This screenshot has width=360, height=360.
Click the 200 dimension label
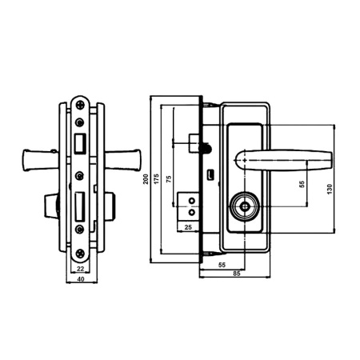click(x=146, y=179)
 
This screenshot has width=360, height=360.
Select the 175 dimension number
click(x=157, y=178)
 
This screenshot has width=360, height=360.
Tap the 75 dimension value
click(x=169, y=178)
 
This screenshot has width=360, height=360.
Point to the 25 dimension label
click(x=188, y=227)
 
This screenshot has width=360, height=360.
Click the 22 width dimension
click(x=80, y=269)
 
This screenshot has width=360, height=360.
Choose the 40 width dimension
click(x=81, y=279)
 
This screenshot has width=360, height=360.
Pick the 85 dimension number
click(x=237, y=274)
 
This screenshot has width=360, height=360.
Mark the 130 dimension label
click(x=330, y=189)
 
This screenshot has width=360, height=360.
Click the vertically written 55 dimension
click(x=302, y=184)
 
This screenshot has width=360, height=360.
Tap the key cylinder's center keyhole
click(x=244, y=206)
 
